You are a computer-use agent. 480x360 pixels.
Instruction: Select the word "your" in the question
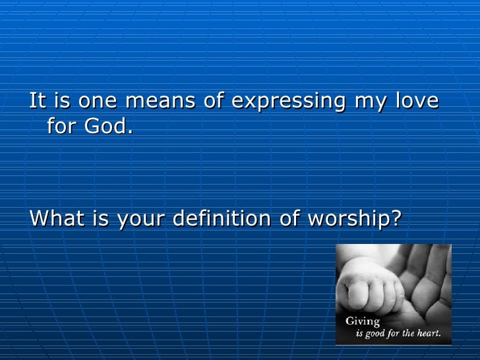click(x=141, y=218)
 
